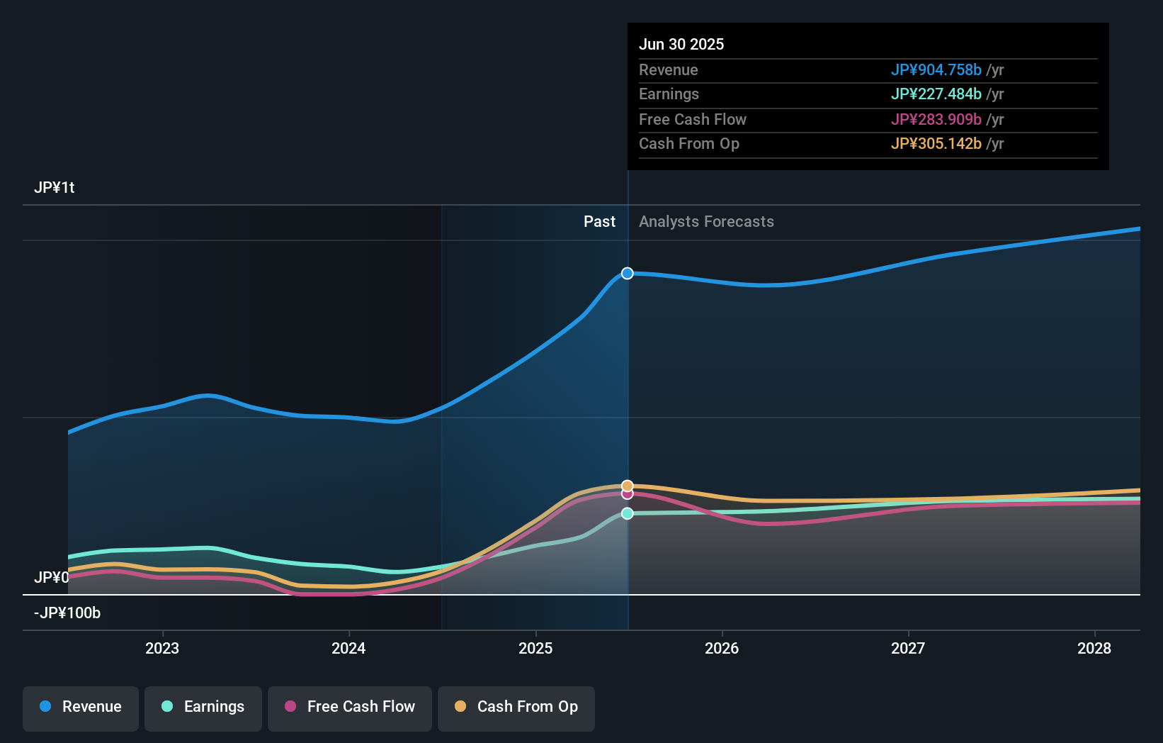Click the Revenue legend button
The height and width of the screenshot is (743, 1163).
(81, 707)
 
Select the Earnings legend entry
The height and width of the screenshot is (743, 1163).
(203, 707)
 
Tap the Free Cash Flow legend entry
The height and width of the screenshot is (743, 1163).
(350, 707)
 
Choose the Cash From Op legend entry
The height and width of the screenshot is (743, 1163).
(516, 707)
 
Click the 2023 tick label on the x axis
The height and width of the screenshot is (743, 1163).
(162, 648)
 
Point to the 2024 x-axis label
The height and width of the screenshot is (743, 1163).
(348, 648)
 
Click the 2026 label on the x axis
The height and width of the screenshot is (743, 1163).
(722, 648)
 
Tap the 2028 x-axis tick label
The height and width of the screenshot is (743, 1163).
(1094, 648)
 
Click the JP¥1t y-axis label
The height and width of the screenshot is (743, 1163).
(55, 188)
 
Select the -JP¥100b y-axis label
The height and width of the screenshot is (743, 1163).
(67, 613)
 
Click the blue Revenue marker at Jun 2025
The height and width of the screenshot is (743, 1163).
(628, 274)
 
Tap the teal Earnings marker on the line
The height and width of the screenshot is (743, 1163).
(628, 513)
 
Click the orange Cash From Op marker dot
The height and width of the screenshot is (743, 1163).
(628, 486)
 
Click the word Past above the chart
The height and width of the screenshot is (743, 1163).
(599, 222)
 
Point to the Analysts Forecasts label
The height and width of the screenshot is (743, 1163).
(706, 222)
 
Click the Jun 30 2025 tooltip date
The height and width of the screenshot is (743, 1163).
(681, 44)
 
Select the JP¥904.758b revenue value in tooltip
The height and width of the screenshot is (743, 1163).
(936, 69)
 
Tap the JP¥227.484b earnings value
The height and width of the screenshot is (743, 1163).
(936, 94)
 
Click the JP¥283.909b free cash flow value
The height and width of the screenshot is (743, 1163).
(936, 119)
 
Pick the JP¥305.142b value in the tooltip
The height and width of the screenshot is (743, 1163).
(936, 144)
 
